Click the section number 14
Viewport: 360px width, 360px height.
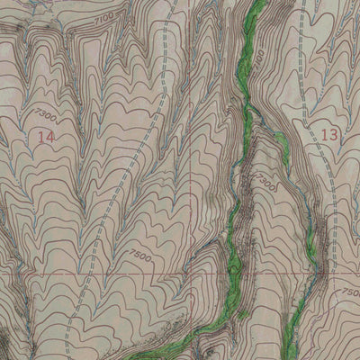47,137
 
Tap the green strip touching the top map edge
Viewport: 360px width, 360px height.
255,9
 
